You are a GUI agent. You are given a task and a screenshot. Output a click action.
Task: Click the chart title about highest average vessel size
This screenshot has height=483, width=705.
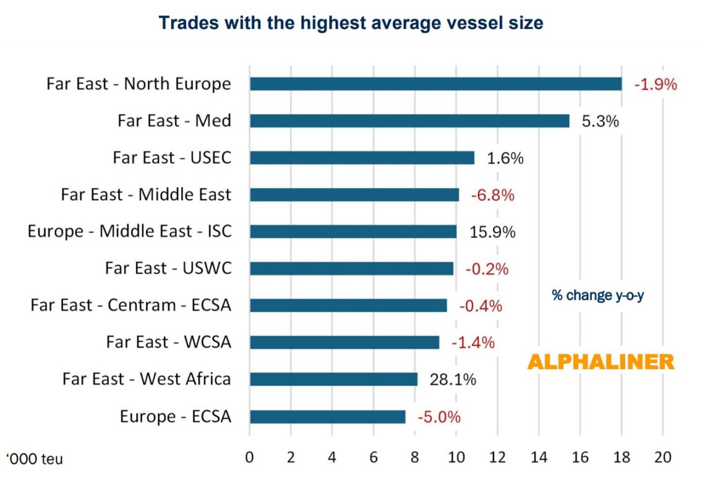(x=351, y=23)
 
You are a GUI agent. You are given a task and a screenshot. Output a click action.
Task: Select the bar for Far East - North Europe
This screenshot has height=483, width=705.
(x=435, y=83)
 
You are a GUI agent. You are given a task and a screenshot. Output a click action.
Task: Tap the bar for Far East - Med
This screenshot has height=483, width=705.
(x=409, y=121)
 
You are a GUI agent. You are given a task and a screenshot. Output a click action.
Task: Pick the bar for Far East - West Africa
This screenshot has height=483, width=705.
(x=333, y=379)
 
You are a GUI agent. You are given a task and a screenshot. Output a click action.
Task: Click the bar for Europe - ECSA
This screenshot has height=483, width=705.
(x=327, y=416)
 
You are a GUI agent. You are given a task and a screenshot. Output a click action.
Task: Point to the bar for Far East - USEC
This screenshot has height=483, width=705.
(x=362, y=158)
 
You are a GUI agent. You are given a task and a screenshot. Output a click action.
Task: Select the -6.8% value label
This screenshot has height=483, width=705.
(x=492, y=195)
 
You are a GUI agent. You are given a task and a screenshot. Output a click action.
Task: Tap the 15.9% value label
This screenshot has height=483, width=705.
(x=492, y=232)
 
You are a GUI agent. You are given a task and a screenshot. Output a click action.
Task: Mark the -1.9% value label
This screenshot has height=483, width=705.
(x=655, y=84)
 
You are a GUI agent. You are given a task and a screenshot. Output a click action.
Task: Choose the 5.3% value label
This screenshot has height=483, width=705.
(x=600, y=121)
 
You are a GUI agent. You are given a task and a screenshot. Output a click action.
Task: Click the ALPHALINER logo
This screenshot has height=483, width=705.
(x=600, y=362)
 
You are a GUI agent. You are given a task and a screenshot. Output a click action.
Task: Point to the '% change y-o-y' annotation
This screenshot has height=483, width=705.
(x=598, y=296)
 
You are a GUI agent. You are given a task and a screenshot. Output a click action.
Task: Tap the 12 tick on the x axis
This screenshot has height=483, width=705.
(x=497, y=458)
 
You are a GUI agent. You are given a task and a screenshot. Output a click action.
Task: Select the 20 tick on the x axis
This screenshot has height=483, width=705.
(x=662, y=458)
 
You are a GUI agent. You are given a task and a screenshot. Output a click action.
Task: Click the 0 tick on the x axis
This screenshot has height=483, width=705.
(x=250, y=458)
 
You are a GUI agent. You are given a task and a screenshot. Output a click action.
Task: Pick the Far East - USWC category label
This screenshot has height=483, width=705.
(x=168, y=268)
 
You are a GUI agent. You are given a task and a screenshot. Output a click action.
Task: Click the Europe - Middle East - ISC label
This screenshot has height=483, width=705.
(x=129, y=231)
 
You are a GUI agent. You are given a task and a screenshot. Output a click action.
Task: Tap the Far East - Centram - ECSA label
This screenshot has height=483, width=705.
(x=130, y=306)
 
